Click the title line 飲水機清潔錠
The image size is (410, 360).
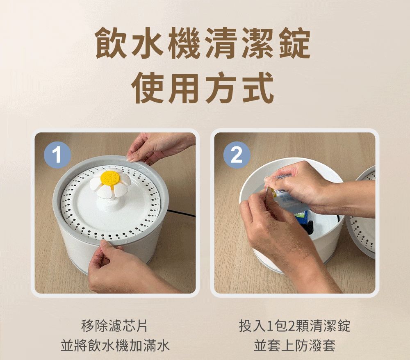pyautogui.click(x=203, y=43)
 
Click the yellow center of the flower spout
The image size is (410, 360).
pyautogui.click(x=110, y=178)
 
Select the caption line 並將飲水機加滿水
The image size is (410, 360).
pyautogui.click(x=114, y=346)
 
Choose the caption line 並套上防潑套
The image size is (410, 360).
pyautogui.click(x=294, y=346)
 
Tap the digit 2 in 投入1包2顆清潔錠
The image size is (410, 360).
pyautogui.click(x=291, y=326)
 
